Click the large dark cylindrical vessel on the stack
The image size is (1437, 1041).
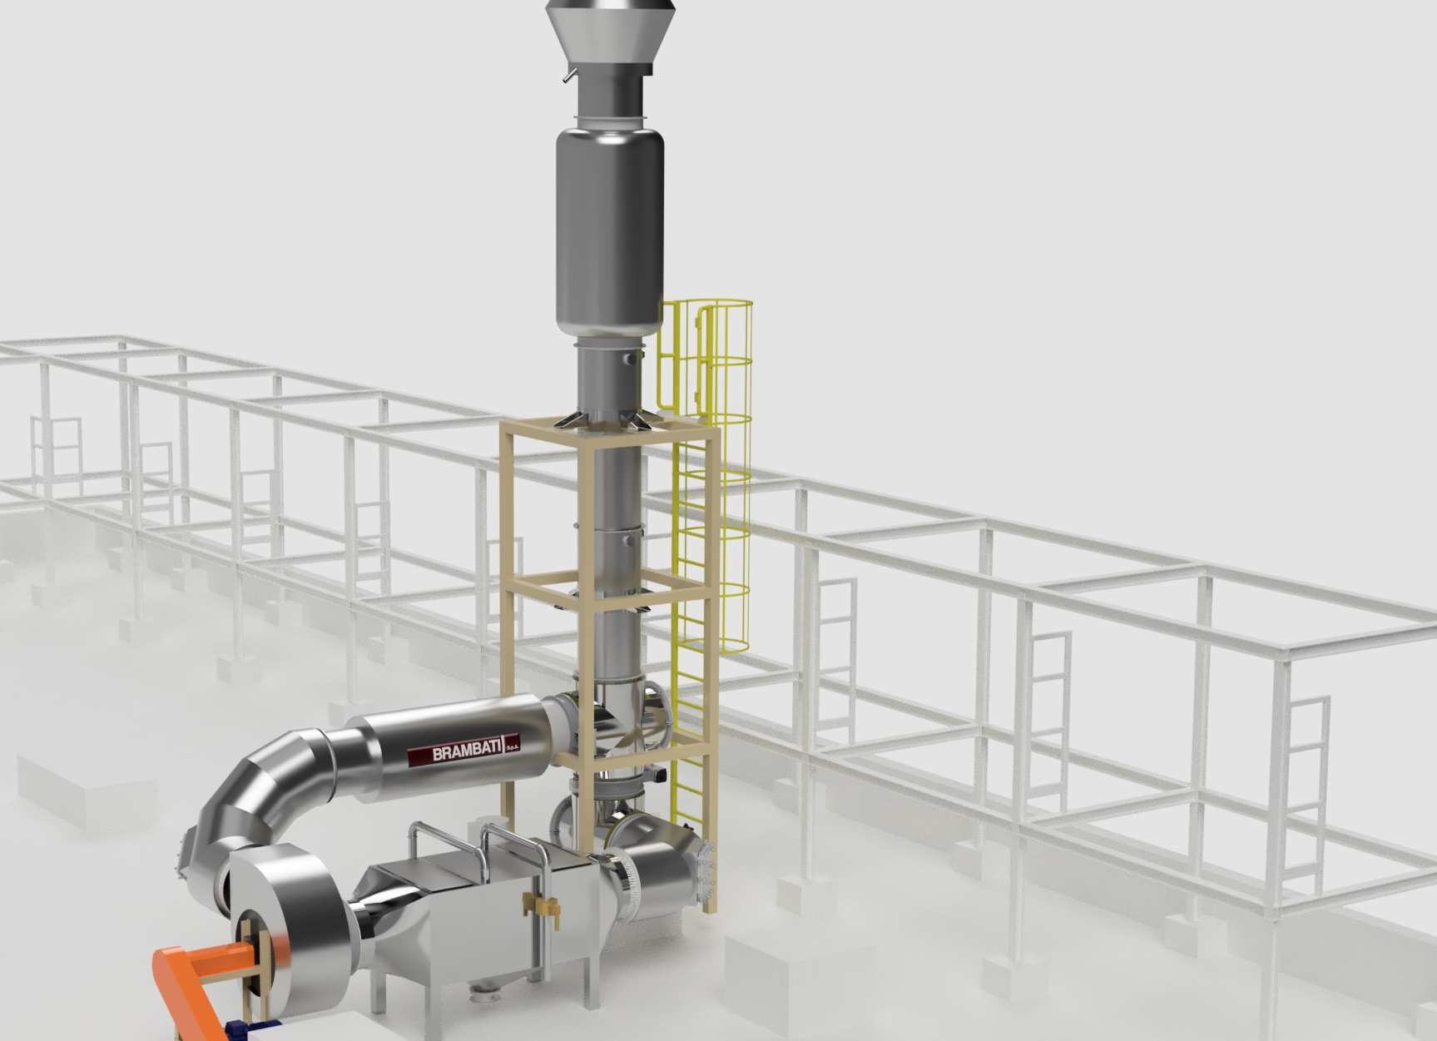click(610, 231)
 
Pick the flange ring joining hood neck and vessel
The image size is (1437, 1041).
click(610, 123)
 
